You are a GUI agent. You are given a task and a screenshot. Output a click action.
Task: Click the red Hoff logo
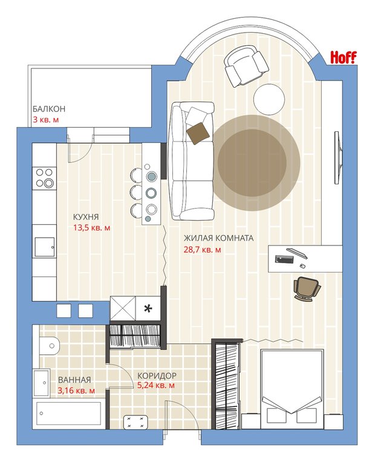(343, 57)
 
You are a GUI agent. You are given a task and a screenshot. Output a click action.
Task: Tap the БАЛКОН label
(49, 109)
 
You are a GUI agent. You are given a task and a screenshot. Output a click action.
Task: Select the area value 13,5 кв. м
(92, 228)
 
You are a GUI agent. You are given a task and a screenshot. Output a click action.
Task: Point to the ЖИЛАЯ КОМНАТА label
(218, 238)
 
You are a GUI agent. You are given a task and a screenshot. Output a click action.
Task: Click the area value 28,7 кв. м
(202, 250)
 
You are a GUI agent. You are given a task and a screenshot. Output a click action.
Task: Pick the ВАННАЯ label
(74, 380)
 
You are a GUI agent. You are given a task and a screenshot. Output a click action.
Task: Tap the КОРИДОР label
(157, 376)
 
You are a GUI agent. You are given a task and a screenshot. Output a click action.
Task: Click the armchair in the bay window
(246, 66)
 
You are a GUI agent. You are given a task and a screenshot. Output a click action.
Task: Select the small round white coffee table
(269, 99)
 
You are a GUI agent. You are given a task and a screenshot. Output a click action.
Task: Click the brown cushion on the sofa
(198, 133)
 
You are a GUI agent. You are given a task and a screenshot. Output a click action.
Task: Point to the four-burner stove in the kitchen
(44, 178)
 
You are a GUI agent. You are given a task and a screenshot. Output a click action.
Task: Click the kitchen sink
(45, 247)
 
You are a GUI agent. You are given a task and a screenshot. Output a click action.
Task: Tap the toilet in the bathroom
(50, 346)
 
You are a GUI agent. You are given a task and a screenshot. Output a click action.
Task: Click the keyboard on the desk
(284, 259)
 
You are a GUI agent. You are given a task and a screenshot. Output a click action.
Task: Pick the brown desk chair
(307, 288)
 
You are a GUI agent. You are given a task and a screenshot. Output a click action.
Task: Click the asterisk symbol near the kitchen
(148, 308)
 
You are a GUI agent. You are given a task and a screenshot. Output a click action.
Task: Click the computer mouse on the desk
(302, 266)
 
